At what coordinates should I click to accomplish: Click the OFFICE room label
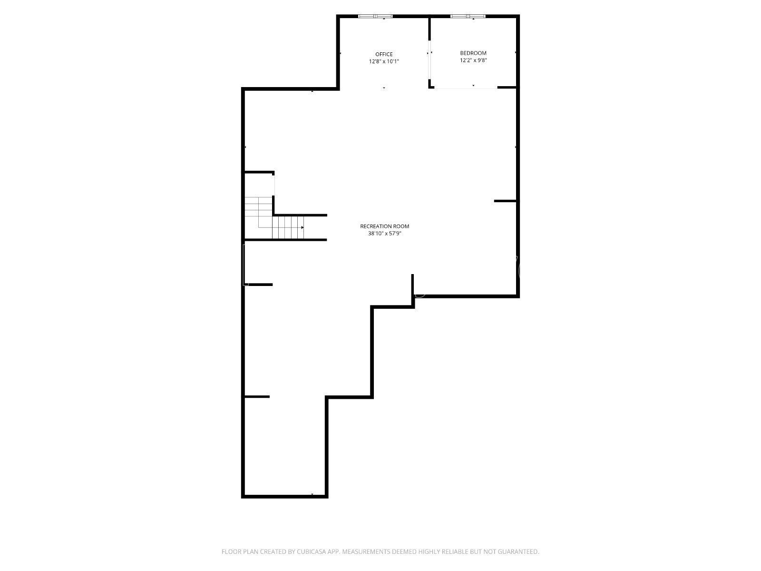(x=384, y=54)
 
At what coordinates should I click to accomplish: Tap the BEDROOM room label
(x=473, y=53)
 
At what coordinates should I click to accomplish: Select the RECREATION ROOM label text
(x=384, y=226)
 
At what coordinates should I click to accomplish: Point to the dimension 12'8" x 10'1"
(x=384, y=62)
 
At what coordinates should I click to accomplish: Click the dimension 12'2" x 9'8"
(x=473, y=60)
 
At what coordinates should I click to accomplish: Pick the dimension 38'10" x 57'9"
(x=384, y=234)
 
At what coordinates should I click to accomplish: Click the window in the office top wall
(x=375, y=16)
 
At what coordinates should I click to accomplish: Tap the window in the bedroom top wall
(x=468, y=16)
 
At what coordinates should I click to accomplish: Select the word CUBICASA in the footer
(x=312, y=551)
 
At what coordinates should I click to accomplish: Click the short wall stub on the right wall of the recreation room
(x=505, y=201)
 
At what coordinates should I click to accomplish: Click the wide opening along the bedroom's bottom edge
(x=466, y=89)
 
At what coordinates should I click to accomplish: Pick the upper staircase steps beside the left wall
(x=258, y=207)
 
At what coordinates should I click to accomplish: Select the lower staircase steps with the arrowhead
(x=288, y=227)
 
